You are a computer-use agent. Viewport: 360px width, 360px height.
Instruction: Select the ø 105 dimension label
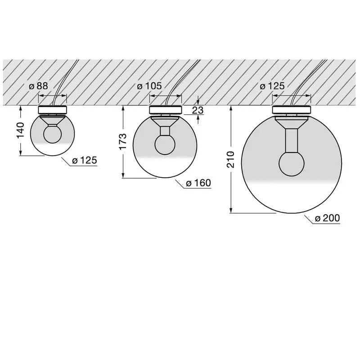[x=149, y=86]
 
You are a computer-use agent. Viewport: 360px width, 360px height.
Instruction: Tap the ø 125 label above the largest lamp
[x=273, y=86]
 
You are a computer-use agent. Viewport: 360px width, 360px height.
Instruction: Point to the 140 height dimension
[x=20, y=130]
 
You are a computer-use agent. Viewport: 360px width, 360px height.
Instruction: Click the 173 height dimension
[x=123, y=142]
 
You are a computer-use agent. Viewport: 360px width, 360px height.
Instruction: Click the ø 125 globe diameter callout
[x=85, y=160]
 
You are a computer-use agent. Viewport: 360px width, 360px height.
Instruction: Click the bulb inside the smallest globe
[x=52, y=135]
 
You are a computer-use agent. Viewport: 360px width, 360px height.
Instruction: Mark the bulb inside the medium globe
[x=165, y=144]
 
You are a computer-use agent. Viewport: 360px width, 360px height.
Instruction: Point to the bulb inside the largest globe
[x=292, y=164]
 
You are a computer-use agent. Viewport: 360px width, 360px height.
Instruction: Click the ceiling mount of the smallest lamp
[x=52, y=109]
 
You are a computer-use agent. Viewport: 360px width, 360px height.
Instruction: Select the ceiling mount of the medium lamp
[x=165, y=110]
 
